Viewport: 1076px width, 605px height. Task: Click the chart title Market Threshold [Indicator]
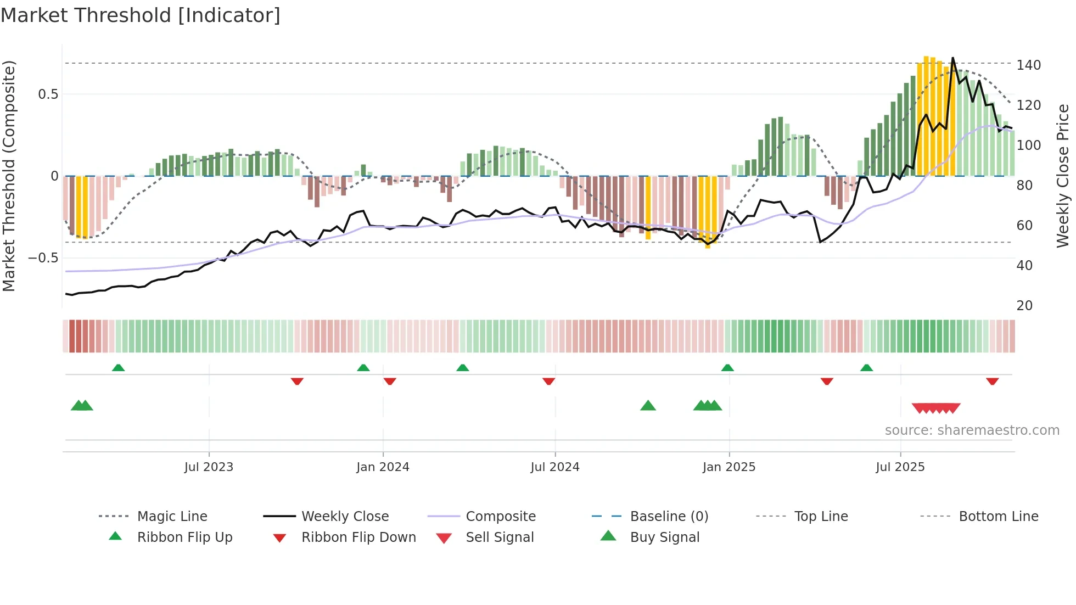141,15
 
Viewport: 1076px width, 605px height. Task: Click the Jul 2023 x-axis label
209,467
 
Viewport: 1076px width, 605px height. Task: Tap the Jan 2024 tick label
383,467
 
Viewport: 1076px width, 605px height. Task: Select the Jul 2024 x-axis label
554,467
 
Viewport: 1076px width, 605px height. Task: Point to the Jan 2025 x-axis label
728,467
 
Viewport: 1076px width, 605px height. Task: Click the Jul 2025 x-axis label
900,467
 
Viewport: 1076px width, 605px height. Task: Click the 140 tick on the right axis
1028,65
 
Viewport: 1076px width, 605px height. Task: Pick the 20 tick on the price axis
1024,306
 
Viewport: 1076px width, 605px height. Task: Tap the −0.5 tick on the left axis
43,258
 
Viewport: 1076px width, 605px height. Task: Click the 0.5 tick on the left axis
48,94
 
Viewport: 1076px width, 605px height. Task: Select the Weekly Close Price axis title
1063,176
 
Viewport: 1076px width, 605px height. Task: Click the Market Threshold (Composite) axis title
9,176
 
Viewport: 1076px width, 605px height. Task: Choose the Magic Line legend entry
172,517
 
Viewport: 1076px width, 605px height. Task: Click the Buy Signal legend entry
664,537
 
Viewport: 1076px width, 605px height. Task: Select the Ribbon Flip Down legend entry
358,537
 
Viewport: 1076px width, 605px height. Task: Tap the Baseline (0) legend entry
669,517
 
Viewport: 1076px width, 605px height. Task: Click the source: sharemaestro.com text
972,430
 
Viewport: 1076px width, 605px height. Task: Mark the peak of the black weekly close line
952,58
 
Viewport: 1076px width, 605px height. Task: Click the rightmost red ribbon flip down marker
992,381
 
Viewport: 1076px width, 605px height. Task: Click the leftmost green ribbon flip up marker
118,368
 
